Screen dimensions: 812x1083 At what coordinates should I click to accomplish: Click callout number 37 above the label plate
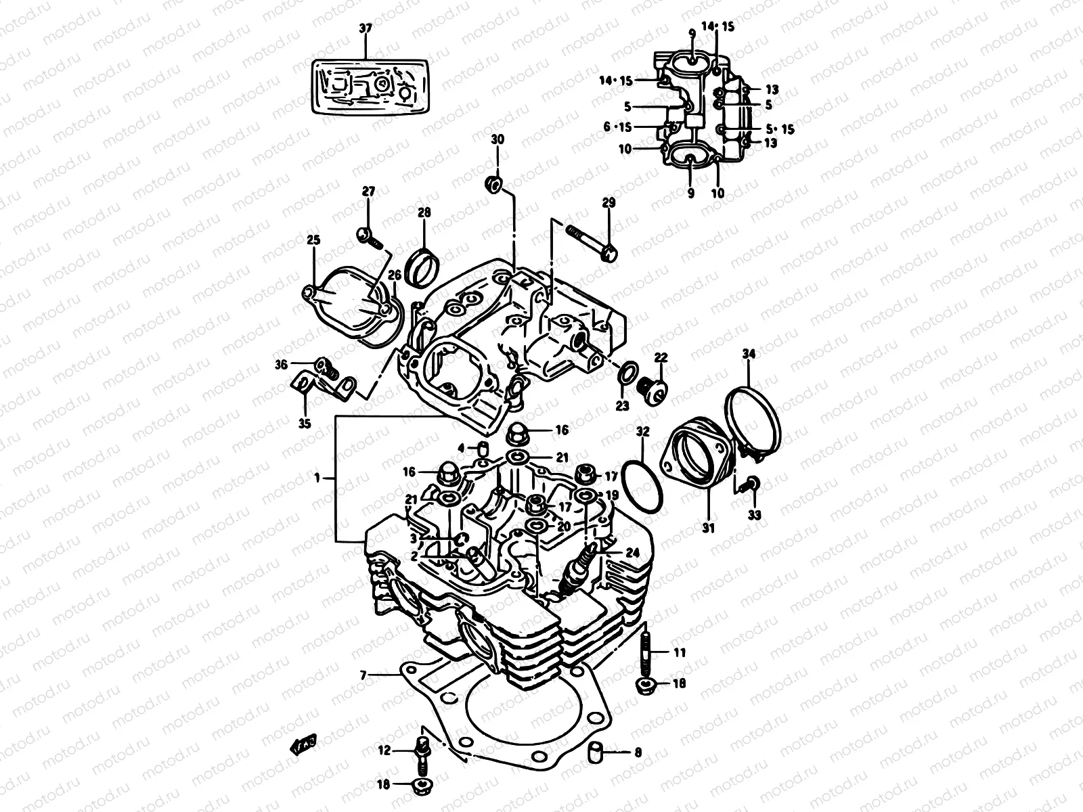365,28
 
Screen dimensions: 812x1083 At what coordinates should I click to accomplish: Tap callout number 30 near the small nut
498,139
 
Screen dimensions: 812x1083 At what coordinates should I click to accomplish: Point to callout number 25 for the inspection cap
313,240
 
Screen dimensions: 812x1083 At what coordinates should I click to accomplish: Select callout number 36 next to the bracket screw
281,364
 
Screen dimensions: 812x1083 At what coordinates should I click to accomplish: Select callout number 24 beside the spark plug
632,553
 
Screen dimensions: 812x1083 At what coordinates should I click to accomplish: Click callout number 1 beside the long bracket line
316,478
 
